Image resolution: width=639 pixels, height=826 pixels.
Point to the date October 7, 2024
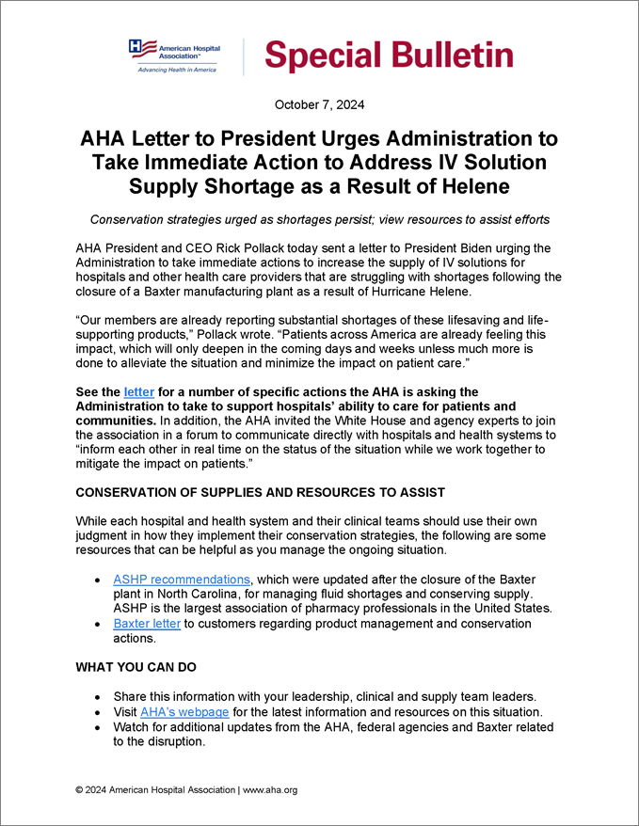[319, 104]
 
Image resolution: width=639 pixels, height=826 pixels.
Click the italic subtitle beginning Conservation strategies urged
[319, 220]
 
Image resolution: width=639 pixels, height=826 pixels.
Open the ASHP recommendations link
[182, 579]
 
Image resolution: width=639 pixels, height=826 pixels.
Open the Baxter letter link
[147, 624]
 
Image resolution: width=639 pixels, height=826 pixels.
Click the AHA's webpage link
[184, 712]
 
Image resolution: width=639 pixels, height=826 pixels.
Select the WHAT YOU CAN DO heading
[136, 667]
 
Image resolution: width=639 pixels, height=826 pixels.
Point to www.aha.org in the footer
[270, 790]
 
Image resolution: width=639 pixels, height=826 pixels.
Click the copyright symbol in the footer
[80, 790]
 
